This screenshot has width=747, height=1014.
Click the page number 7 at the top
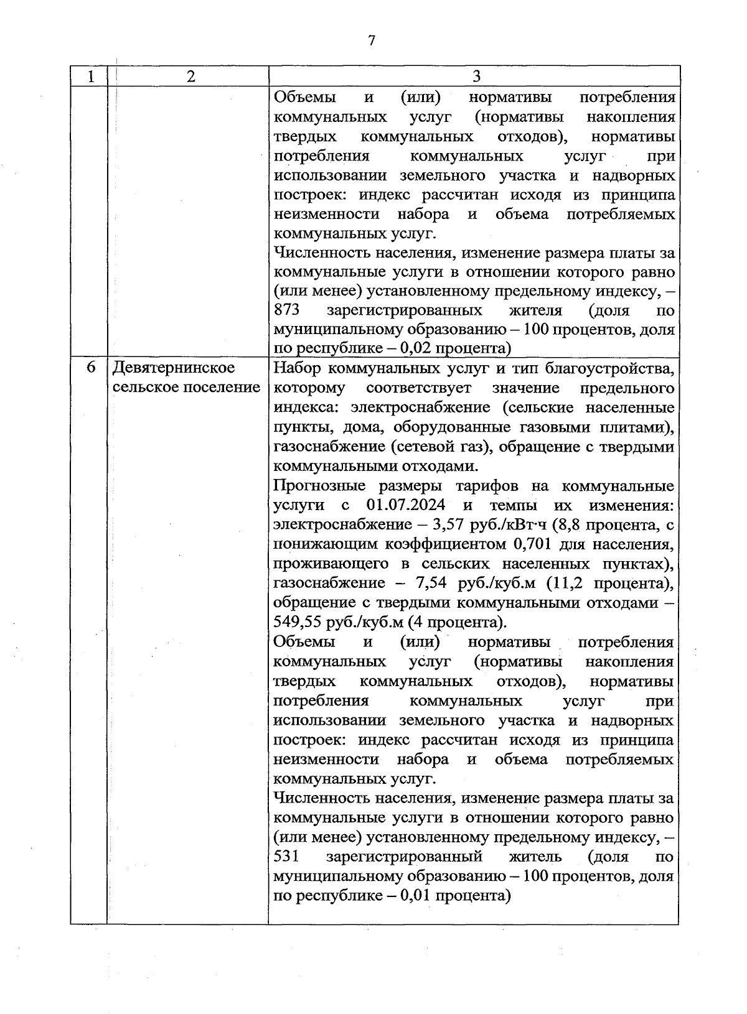372,41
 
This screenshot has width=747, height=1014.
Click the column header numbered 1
92,77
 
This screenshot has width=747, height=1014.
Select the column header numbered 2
190,77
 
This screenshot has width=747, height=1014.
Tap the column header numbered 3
476,77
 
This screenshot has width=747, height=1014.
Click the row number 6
91,368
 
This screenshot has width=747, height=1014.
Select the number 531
287,857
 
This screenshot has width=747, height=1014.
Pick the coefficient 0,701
535,544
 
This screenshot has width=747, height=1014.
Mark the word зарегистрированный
404,857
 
